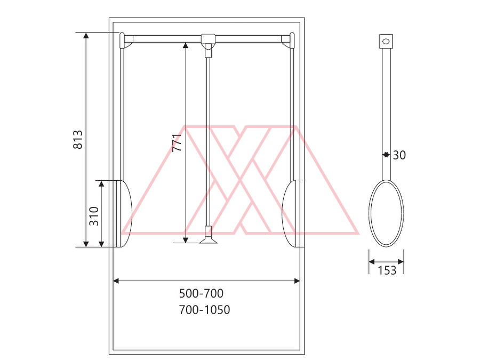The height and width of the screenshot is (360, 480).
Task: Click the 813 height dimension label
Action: [78, 140]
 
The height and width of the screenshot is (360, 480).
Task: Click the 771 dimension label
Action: [177, 142]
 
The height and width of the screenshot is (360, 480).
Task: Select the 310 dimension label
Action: [94, 216]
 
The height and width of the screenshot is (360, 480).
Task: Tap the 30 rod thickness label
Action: [399, 155]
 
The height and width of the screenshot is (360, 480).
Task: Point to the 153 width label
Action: [387, 270]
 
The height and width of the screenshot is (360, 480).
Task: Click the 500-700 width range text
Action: [201, 293]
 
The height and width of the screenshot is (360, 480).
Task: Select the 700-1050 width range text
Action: [204, 310]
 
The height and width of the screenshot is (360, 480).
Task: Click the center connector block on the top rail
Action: [208, 38]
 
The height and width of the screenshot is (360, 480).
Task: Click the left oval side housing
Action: [124, 214]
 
